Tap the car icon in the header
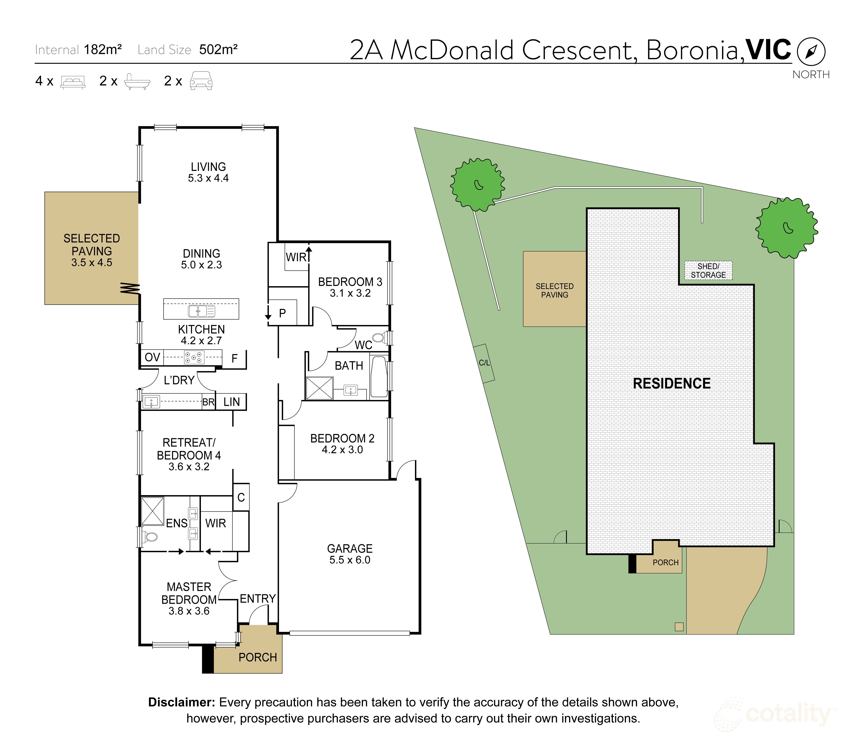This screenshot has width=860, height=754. click(x=201, y=81)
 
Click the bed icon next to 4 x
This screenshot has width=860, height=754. click(x=73, y=82)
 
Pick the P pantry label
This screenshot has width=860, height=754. click(x=282, y=313)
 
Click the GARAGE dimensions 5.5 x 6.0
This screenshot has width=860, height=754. click(x=350, y=560)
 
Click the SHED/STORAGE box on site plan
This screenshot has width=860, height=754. click(x=708, y=271)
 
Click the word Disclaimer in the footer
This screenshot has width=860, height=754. click(x=181, y=702)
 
